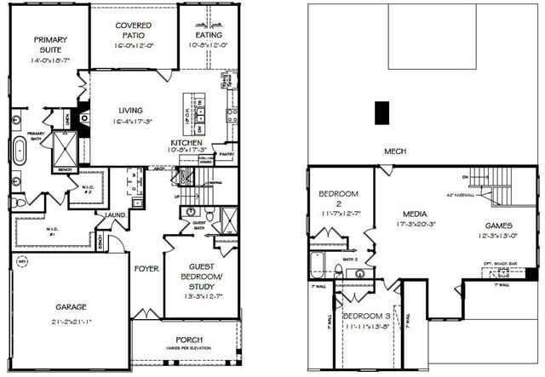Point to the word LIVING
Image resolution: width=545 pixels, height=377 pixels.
[x=131, y=110]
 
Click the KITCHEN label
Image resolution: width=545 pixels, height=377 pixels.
[x=186, y=143]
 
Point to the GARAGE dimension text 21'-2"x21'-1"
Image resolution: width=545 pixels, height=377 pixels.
[x=72, y=321]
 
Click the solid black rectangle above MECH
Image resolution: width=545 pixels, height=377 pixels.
[x=383, y=113]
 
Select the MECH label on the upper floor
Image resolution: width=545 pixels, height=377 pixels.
[x=395, y=151]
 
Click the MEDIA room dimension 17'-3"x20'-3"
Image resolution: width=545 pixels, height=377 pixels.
[x=415, y=225]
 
